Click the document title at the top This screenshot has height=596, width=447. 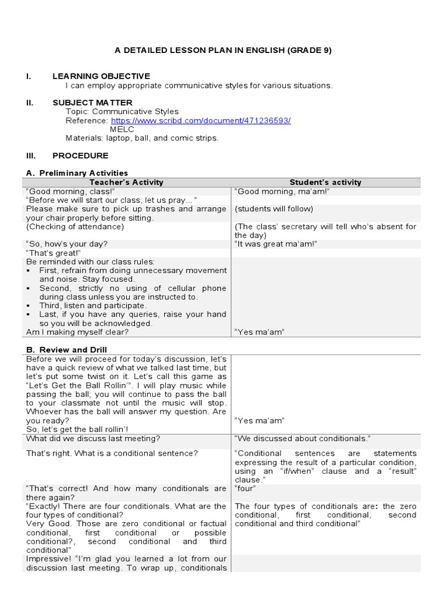[223, 50]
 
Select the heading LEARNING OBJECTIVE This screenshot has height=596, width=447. [101, 76]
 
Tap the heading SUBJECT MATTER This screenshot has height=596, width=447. [92, 102]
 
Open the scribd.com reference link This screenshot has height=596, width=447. [201, 120]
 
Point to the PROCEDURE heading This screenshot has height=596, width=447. [80, 155]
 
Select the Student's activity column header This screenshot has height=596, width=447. [325, 182]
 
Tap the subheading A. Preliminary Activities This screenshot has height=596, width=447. [77, 173]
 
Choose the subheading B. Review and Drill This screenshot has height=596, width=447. [66, 350]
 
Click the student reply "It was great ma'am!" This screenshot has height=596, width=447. [276, 244]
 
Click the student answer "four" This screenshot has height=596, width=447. [244, 489]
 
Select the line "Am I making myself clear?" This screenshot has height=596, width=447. [77, 332]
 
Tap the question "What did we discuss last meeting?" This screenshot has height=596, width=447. [93, 438]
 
